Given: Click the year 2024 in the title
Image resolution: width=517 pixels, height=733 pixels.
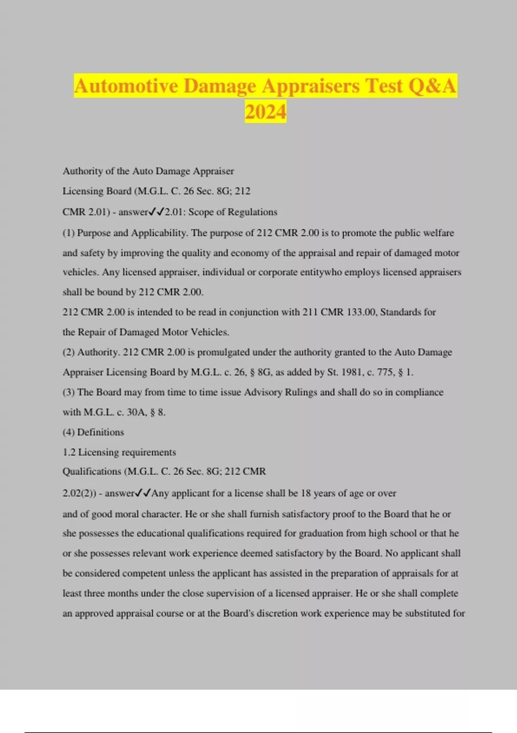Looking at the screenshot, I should [x=265, y=112].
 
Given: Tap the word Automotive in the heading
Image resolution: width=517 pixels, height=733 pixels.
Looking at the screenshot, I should [x=126, y=86].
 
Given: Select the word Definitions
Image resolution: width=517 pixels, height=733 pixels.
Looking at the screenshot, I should [x=100, y=432].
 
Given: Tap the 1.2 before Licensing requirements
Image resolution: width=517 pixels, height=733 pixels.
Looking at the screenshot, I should [x=69, y=452].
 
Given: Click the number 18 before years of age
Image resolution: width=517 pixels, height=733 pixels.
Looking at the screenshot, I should [x=305, y=493].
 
